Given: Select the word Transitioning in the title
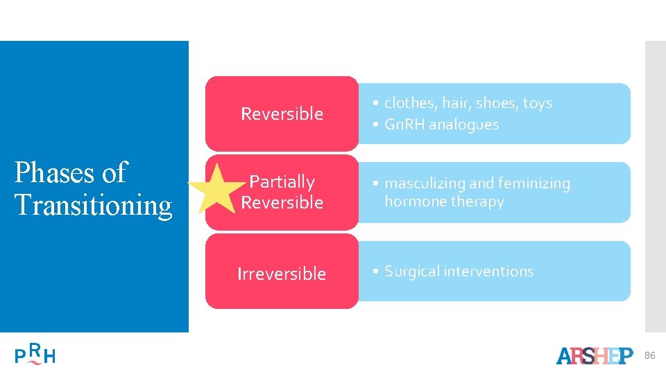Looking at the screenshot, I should coord(93,205).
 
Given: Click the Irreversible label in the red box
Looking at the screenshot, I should coord(282,274).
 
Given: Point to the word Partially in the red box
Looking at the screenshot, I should coord(282,182).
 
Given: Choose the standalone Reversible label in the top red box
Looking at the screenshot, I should coord(282,114).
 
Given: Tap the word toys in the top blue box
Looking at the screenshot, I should coord(537,103).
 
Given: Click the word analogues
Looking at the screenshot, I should coord(464,125).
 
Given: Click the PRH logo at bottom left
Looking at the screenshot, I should coord(35,355).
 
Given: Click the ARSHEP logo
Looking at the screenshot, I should coord(595,355).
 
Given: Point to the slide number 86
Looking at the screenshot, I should coord(649,355).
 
